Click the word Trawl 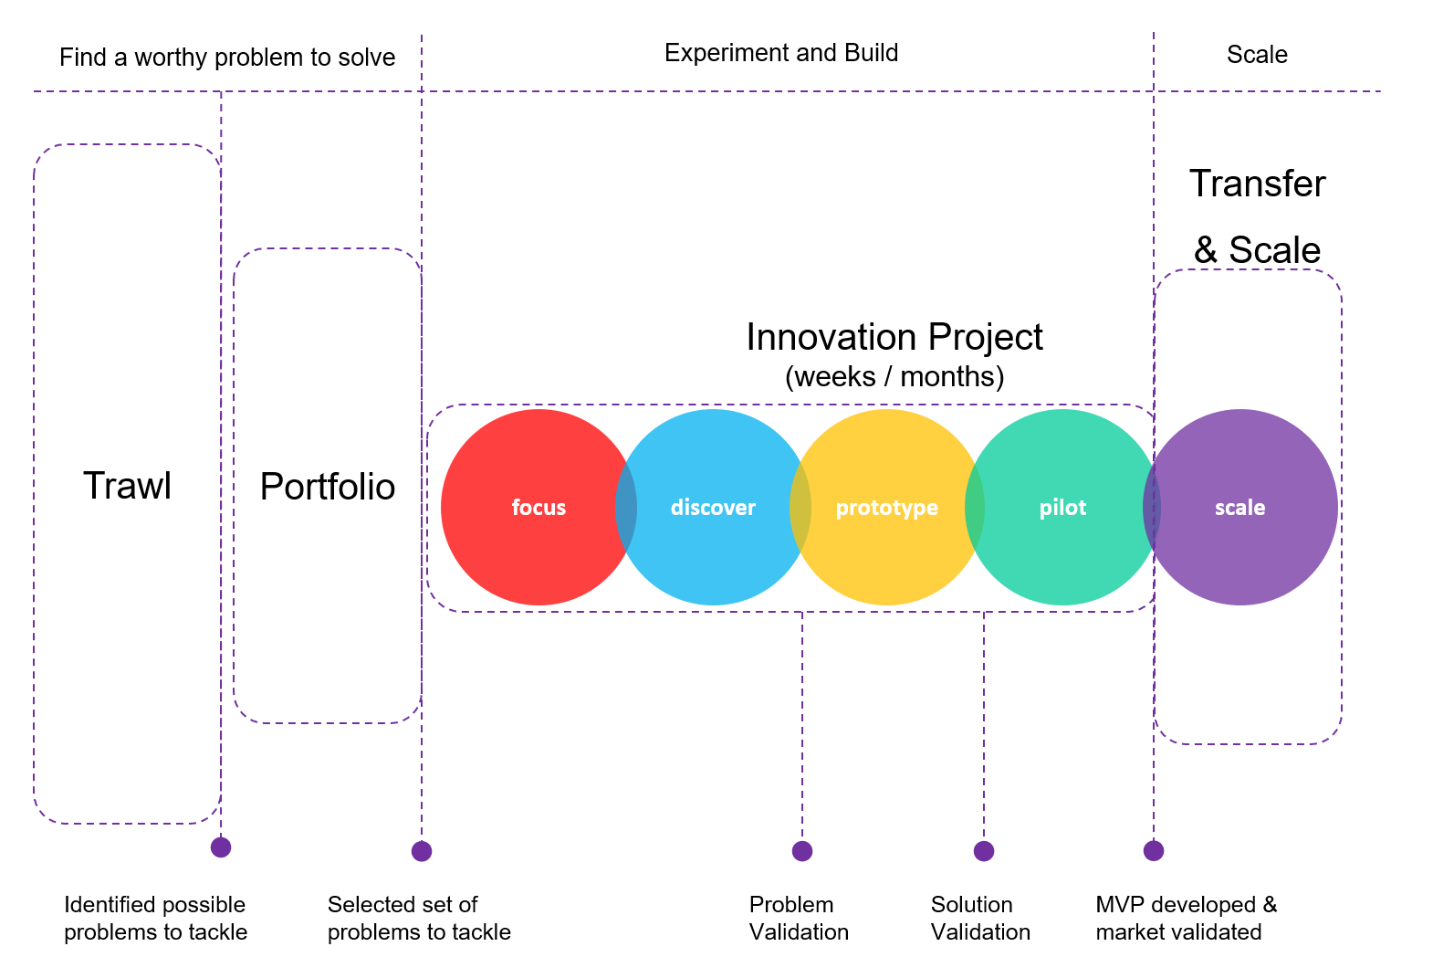[127, 486]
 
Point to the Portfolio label [327, 487]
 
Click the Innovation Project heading [894, 337]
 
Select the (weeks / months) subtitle [894, 376]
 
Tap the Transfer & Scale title [1257, 216]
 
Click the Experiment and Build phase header [780, 53]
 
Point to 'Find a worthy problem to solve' [227, 58]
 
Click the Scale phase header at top [1256, 55]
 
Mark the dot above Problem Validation [802, 851]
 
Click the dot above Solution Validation [984, 851]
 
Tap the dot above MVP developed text [1154, 851]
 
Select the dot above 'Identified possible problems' [221, 847]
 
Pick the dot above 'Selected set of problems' [422, 851]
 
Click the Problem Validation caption [799, 918]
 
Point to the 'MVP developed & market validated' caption [1186, 918]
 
